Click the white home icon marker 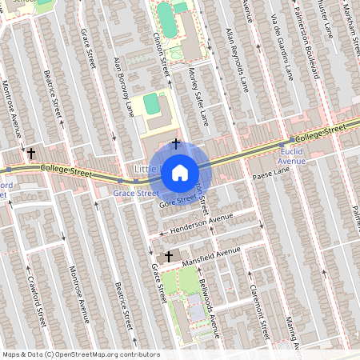(180, 172)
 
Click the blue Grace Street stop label (135, 194)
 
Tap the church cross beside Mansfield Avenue (168, 257)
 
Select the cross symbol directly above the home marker (174, 130)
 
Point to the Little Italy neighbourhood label (148, 170)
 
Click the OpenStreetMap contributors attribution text (80, 354)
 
